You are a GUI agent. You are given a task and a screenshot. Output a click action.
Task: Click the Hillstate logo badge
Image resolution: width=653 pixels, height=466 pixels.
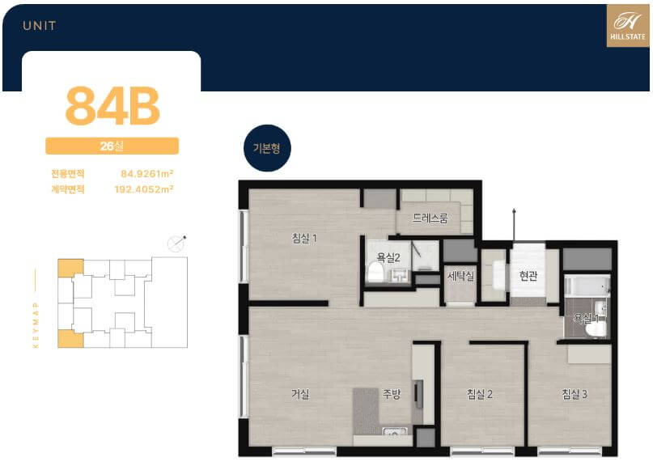pyautogui.click(x=628, y=26)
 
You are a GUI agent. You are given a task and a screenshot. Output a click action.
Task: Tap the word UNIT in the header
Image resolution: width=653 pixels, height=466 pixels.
pyautogui.click(x=40, y=26)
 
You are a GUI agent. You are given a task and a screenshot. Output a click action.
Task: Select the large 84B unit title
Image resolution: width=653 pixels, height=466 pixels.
pyautogui.click(x=112, y=106)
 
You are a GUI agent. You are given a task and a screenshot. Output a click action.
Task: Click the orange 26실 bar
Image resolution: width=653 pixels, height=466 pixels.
pyautogui.click(x=112, y=146)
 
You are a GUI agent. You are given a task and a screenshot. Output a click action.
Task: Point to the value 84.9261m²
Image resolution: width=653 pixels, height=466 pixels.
pyautogui.click(x=147, y=174)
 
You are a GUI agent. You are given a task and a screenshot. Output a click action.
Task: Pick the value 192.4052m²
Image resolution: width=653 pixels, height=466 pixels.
pyautogui.click(x=144, y=189)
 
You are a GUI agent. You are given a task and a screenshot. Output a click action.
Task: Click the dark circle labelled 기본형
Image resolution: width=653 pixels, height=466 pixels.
pyautogui.click(x=267, y=148)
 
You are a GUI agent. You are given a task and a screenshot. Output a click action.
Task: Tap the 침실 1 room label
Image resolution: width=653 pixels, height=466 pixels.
pyautogui.click(x=304, y=238)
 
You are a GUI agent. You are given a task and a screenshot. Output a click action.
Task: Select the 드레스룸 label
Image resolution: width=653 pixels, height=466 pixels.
pyautogui.click(x=430, y=218)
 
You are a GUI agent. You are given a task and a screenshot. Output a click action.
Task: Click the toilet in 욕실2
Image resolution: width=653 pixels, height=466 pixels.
pyautogui.click(x=375, y=272)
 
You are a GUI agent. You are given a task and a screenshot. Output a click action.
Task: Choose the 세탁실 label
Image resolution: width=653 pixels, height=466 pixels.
pyautogui.click(x=460, y=275)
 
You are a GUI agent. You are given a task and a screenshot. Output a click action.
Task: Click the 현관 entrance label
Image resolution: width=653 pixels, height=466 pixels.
pyautogui.click(x=528, y=275)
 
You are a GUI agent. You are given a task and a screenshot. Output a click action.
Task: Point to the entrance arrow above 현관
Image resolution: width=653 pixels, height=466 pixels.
pyautogui.click(x=515, y=224)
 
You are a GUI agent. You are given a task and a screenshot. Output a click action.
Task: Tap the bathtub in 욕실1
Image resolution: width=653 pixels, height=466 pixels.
pyautogui.click(x=587, y=286)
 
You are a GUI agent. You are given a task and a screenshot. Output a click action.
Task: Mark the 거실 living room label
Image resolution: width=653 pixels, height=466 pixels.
pyautogui.click(x=300, y=393)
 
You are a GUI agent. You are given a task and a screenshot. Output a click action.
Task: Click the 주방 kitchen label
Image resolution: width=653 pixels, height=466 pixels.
pyautogui.click(x=392, y=393)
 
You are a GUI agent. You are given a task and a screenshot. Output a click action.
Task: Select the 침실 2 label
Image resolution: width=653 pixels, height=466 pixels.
pyautogui.click(x=480, y=393)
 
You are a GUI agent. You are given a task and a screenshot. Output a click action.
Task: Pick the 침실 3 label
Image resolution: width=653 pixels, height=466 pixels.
pyautogui.click(x=575, y=393)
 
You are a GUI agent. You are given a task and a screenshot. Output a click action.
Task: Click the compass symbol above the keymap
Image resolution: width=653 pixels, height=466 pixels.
pyautogui.click(x=176, y=244)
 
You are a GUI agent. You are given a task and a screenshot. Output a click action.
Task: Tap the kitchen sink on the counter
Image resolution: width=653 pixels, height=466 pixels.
pyautogui.click(x=394, y=431)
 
